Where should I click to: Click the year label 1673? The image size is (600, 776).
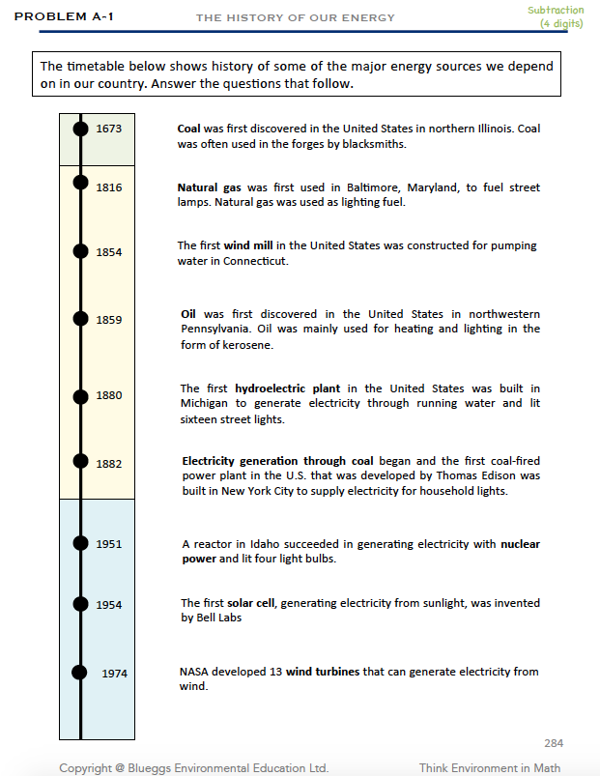[109, 128]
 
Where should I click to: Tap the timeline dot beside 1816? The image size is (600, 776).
[80, 182]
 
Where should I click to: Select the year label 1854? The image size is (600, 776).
[109, 251]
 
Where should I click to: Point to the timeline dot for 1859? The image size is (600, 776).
[80, 317]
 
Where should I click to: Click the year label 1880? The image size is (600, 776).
[109, 394]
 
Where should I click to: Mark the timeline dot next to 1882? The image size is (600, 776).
[80, 461]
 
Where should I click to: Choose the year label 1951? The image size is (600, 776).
[109, 543]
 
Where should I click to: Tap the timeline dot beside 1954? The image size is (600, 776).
[80, 603]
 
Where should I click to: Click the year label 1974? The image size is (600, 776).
[114, 673]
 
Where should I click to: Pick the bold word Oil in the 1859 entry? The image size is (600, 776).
[188, 314]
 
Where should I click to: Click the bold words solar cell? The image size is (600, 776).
[254, 603]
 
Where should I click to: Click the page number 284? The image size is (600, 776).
[554, 742]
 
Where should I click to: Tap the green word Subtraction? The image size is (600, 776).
[556, 10]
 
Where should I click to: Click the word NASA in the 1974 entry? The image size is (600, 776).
[194, 672]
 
